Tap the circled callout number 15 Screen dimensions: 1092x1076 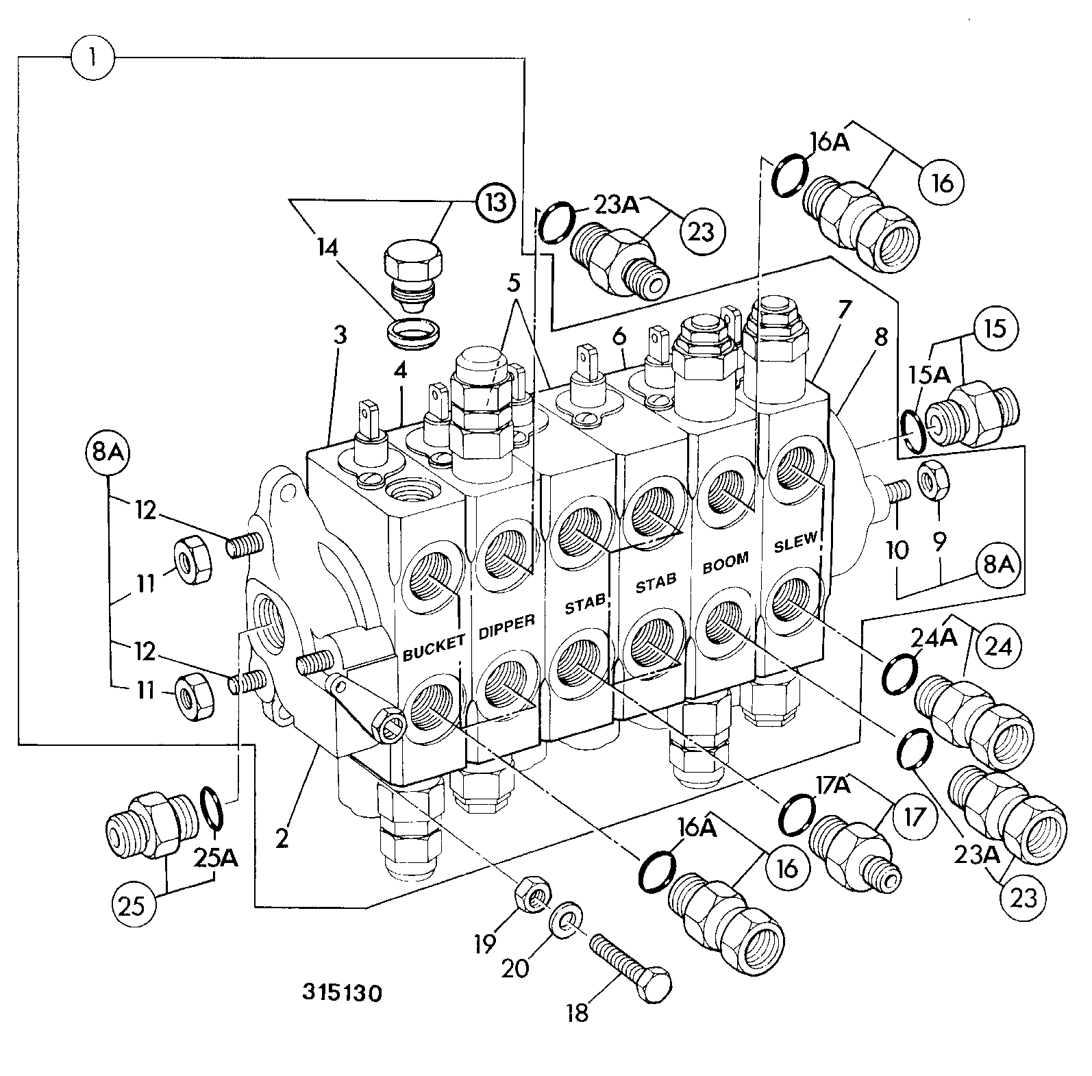(x=996, y=329)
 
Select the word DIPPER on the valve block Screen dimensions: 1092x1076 (x=507, y=625)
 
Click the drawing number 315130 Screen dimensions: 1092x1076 (x=342, y=992)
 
